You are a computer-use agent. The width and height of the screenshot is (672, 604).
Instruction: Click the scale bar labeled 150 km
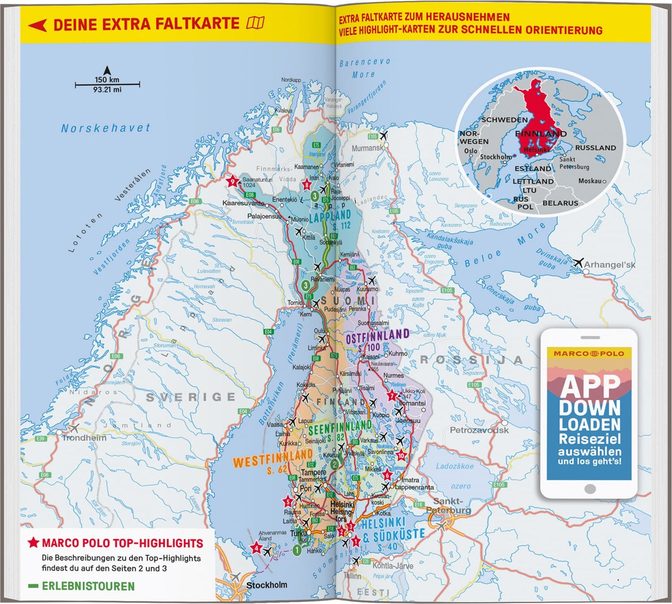tap(107, 84)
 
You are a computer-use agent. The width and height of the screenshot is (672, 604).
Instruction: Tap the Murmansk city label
tap(367, 148)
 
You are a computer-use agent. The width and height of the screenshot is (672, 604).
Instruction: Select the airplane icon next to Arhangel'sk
tap(578, 262)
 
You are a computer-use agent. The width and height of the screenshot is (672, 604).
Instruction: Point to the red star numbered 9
tap(232, 181)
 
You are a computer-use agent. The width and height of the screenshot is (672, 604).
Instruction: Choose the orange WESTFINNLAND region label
tap(273, 459)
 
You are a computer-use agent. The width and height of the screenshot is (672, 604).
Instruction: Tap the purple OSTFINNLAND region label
tap(377, 336)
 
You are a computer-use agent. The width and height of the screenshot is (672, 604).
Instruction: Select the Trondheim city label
tap(84, 438)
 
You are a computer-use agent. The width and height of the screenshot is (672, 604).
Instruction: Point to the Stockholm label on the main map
tap(266, 585)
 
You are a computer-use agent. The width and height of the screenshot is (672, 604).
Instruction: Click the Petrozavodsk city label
tap(479, 430)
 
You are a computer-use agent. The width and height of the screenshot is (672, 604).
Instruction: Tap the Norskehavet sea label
tap(106, 128)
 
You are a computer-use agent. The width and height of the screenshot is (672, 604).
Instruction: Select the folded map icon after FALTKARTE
tap(255, 22)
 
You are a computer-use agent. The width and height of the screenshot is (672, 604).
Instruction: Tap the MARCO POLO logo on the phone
tap(589, 354)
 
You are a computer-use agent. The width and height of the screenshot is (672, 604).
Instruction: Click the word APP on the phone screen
tap(590, 386)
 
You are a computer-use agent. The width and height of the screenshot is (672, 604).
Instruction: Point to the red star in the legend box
tap(33, 543)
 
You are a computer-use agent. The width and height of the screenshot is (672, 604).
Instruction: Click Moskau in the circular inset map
tap(590, 181)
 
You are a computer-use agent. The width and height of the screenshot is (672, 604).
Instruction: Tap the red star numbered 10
tap(401, 456)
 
